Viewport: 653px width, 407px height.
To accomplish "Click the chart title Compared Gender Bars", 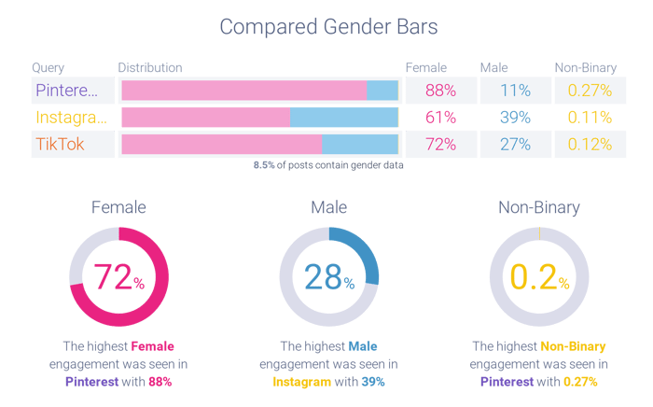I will (326, 28).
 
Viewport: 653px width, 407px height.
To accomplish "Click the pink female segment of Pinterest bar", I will (243, 91).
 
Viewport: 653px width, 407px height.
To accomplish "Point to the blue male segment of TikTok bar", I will (359, 145).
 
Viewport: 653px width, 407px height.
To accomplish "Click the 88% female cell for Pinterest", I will (439, 91).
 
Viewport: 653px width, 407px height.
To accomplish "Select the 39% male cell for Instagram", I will (514, 118).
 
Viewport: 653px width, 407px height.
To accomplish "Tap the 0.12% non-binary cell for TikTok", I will (590, 145).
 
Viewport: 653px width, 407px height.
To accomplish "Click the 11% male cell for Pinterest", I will (514, 91).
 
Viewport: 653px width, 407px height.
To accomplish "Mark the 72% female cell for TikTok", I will (439, 145).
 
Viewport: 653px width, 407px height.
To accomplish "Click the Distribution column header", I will (149, 68).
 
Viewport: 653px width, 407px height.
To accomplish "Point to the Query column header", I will (48, 68).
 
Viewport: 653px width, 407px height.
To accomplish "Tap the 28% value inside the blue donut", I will (328, 276).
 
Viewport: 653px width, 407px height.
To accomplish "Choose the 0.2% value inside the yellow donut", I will (539, 276).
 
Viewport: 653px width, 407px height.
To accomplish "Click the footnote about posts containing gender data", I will (328, 165).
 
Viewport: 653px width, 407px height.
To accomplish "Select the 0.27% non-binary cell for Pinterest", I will (590, 91).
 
